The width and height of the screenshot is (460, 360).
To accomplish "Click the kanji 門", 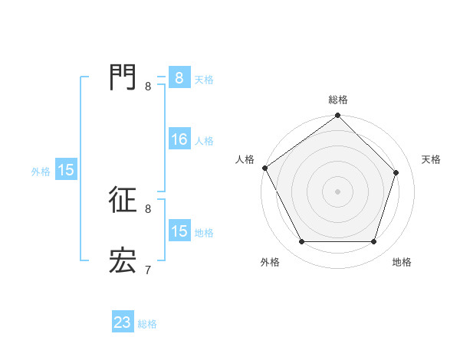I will (123, 77).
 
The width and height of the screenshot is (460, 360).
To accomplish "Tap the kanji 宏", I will (123, 261).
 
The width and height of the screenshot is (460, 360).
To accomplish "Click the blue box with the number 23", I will (123, 322).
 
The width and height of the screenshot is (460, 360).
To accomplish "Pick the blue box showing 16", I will (179, 139).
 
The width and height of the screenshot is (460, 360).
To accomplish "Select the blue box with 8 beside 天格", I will (179, 78).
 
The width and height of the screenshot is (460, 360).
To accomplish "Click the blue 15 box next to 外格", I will (66, 170).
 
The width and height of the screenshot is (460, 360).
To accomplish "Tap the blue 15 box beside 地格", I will (179, 231).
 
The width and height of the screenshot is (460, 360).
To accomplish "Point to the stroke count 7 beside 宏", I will (147, 270).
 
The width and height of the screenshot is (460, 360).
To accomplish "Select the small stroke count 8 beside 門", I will (147, 86).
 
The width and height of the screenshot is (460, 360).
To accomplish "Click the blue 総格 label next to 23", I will (147, 324).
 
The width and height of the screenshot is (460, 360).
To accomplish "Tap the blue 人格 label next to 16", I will (204, 141).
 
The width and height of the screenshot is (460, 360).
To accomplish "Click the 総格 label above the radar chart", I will (338, 100).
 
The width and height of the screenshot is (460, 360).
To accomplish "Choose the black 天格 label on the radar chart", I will (431, 159).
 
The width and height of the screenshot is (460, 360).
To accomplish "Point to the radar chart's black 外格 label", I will (270, 262).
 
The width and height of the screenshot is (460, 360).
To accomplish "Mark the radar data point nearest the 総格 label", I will (338, 116).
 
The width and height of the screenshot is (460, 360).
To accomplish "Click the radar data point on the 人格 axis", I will (265, 168).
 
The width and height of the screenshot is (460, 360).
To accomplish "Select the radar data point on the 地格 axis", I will (374, 242).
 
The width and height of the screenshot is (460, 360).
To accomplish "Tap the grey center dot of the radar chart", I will (338, 191).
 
